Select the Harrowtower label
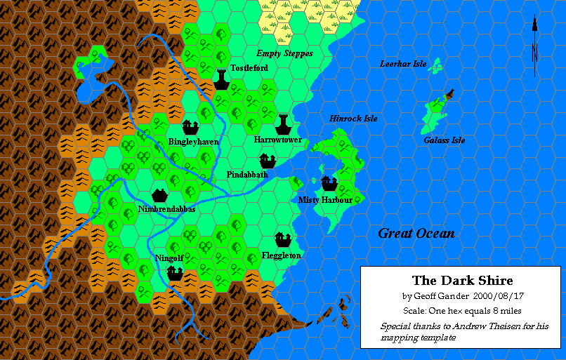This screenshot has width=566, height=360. [278, 140]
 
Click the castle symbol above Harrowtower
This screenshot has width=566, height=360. [283, 124]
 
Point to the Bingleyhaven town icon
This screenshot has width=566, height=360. [190, 126]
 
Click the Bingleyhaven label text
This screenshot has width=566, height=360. [194, 142]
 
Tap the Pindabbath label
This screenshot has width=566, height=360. [247, 174]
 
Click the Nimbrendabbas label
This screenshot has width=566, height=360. [166, 209]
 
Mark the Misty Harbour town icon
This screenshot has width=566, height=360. [329, 184]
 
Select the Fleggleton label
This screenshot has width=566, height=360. [281, 255]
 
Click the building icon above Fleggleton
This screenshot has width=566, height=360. [283, 239]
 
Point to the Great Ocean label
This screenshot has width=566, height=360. [416, 234]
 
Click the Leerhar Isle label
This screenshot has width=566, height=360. [403, 64]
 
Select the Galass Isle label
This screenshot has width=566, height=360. [445, 140]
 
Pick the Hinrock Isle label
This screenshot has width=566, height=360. [353, 119]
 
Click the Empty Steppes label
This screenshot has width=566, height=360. [284, 53]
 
